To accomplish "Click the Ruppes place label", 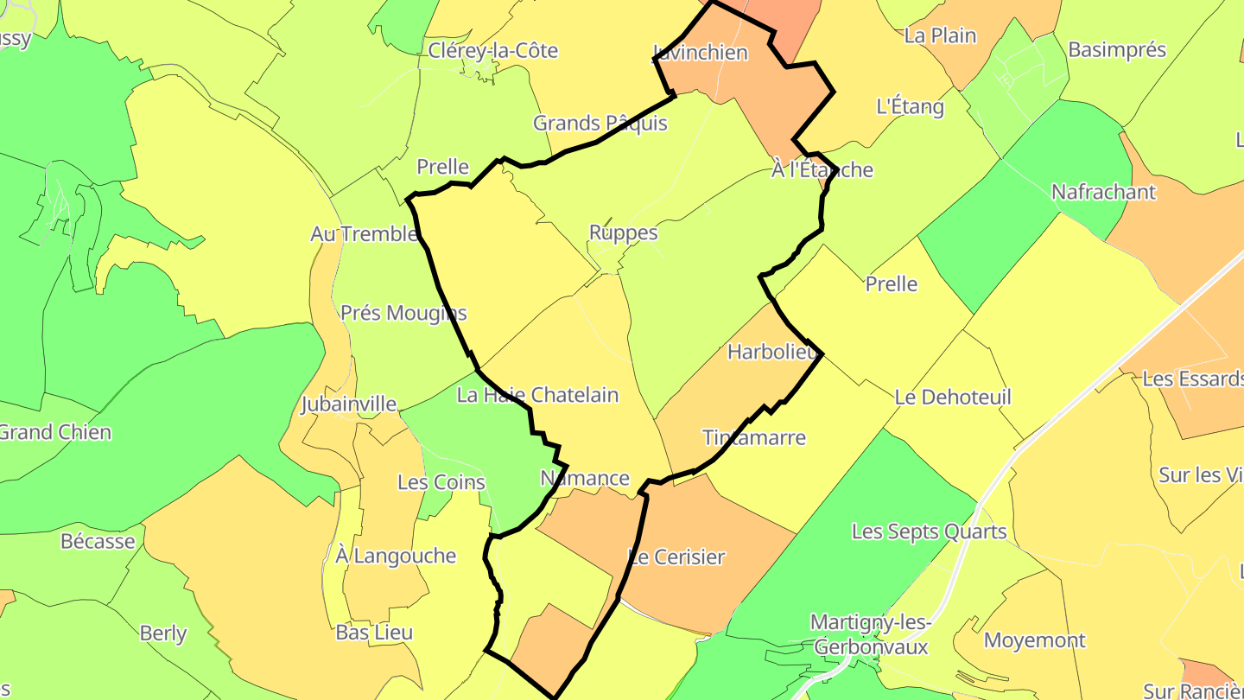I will (x=623, y=232).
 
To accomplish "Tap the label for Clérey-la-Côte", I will (x=493, y=51).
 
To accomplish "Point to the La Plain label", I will (x=940, y=35).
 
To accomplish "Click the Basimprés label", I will (x=1117, y=49).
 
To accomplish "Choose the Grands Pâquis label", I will (x=600, y=123).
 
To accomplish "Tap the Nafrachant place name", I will (x=1103, y=192).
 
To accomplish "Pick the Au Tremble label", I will (x=364, y=233).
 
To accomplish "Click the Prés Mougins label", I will (x=403, y=313).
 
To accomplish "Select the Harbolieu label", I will (x=772, y=352).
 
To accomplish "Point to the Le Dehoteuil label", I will (x=953, y=398).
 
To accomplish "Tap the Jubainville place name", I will (x=348, y=404).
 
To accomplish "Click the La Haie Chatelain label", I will (x=537, y=395).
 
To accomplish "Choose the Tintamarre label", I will (x=754, y=437).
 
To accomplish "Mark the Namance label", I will (x=585, y=478).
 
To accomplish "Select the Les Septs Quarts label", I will (x=929, y=531).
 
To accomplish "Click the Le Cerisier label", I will (x=676, y=557).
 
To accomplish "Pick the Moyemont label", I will (x=1035, y=640).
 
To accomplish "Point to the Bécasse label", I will (x=98, y=541).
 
